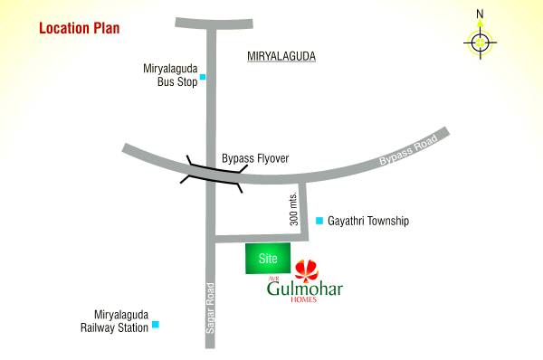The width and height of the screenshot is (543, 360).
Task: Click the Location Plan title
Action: coord(79,28)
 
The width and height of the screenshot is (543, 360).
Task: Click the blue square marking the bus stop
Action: coord(203,77)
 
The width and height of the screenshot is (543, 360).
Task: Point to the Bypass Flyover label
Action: coord(255,158)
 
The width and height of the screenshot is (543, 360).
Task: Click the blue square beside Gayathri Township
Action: coord(319,221)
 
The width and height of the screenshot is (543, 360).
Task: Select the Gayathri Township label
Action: coord(369,221)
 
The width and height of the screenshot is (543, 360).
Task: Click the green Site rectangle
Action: coord(269,258)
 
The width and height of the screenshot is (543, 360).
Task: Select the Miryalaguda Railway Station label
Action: coord(114,320)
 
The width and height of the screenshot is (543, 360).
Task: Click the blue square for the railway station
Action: coord(156,324)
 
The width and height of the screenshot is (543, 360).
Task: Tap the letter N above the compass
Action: coord(481,14)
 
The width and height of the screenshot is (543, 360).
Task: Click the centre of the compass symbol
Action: coord(480,41)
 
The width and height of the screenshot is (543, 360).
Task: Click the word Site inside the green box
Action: coord(267,258)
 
